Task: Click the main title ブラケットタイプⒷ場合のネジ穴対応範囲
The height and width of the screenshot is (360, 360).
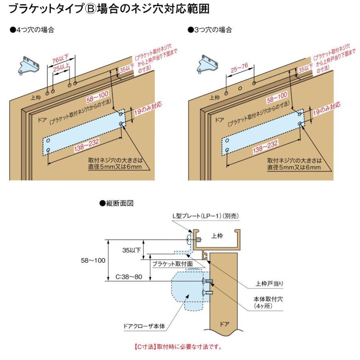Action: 109,9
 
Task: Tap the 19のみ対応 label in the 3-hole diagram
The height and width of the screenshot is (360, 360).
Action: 326,109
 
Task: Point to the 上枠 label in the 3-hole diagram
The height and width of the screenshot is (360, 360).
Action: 215,97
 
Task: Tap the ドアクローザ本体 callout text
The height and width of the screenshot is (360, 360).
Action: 144,326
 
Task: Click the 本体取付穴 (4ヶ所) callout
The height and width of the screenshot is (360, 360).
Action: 268,302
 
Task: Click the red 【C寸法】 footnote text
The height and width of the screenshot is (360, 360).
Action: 178,346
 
